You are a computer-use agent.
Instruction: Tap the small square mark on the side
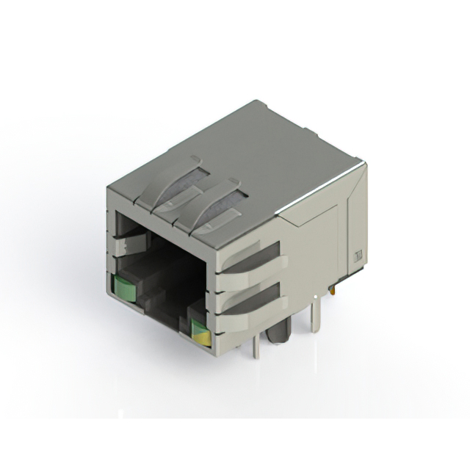(x=358, y=256)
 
